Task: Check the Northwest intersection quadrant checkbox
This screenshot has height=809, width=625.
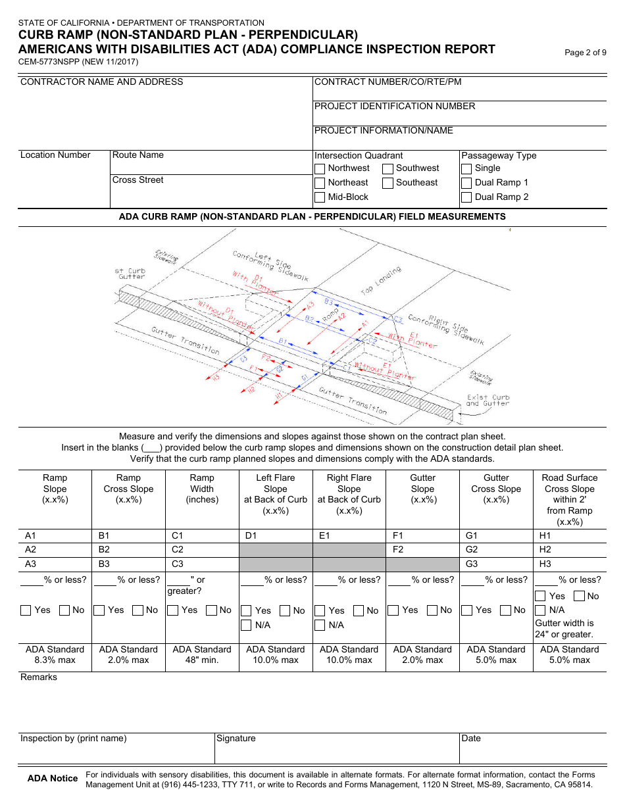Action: [320, 168]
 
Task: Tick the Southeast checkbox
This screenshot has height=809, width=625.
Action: [388, 183]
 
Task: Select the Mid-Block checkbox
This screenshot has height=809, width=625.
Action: [320, 197]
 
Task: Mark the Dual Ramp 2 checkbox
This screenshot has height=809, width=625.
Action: [466, 197]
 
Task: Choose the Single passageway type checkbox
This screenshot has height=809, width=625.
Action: [466, 168]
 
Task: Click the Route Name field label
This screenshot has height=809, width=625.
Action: [137, 155]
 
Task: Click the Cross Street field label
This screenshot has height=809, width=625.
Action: [137, 180]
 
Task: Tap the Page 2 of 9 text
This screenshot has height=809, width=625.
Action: [586, 53]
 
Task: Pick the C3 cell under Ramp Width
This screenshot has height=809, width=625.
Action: [202, 564]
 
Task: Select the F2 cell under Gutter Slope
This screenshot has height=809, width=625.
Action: [422, 550]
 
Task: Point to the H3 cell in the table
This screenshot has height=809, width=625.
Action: [570, 564]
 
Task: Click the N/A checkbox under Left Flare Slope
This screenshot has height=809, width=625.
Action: [246, 625]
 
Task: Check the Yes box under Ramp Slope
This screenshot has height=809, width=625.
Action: [26, 610]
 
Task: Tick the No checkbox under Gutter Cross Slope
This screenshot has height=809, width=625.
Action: [507, 610]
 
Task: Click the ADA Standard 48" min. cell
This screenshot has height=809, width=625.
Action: [202, 654]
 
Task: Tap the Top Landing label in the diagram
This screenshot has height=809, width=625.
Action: [381, 281]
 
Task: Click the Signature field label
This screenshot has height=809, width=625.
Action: [236, 739]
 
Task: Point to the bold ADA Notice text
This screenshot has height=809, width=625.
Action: [53, 779]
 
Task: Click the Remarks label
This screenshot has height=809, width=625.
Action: [39, 677]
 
